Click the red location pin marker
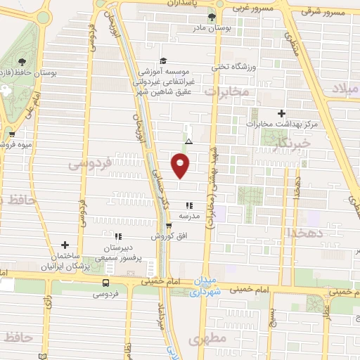click(180, 165)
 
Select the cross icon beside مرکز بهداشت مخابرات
click(282, 112)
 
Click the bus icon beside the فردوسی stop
click(105, 283)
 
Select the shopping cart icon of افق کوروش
click(168, 226)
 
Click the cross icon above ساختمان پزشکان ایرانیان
click(65, 245)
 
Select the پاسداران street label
click(188, 4)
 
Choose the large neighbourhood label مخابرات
click(227, 91)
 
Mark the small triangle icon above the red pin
click(188, 141)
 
